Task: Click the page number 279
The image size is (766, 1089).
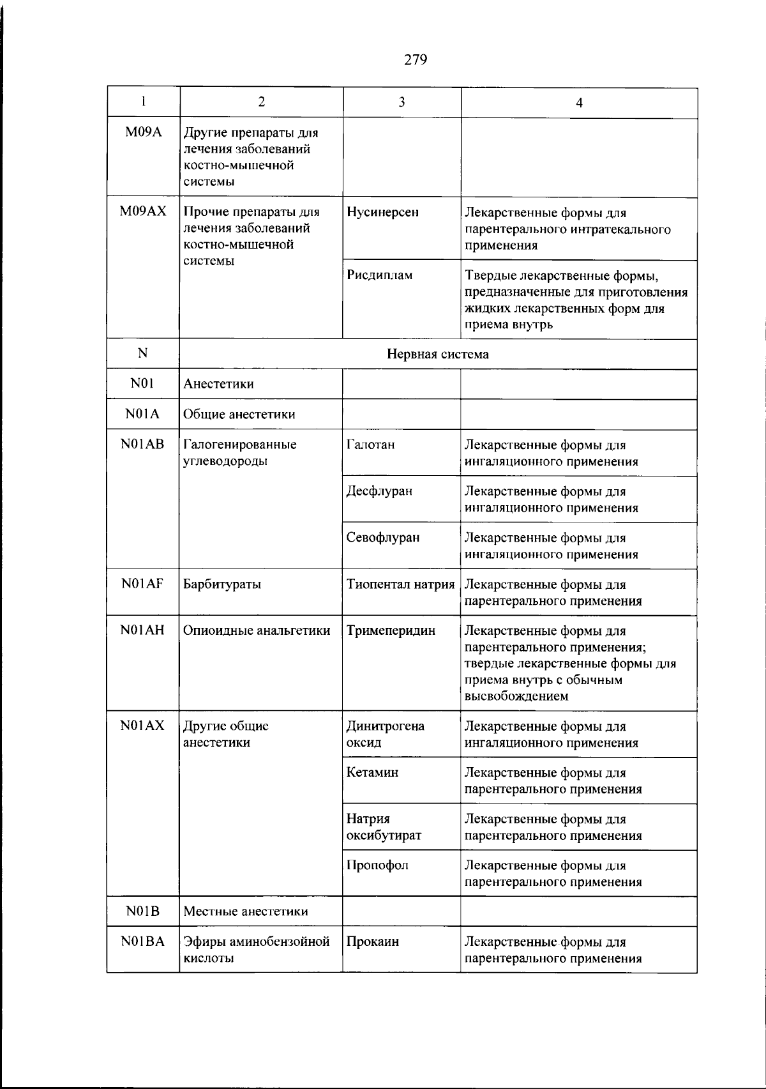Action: (x=415, y=60)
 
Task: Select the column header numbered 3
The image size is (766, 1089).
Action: (x=402, y=102)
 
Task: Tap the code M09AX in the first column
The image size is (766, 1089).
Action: (x=143, y=212)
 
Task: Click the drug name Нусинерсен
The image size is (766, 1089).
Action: (x=382, y=212)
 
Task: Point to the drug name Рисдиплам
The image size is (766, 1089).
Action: (x=379, y=275)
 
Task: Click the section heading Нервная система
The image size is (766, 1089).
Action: (x=438, y=354)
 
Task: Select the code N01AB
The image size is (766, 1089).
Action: (x=142, y=444)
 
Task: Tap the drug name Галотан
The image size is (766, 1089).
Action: (x=370, y=445)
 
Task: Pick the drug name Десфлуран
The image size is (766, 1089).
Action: (x=379, y=491)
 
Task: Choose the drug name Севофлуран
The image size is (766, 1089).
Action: (x=383, y=538)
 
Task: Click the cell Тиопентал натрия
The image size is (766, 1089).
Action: (x=400, y=584)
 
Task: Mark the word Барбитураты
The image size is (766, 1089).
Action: (x=222, y=584)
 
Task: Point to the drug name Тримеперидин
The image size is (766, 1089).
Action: (x=391, y=631)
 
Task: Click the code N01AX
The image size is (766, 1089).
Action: (x=142, y=726)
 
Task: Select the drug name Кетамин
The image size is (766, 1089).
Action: (x=372, y=772)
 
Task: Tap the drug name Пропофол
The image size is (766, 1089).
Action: (x=377, y=865)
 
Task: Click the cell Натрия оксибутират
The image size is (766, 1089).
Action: (x=384, y=827)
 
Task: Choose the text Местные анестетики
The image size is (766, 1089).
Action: (x=245, y=911)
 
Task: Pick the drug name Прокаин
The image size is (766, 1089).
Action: (x=373, y=941)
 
